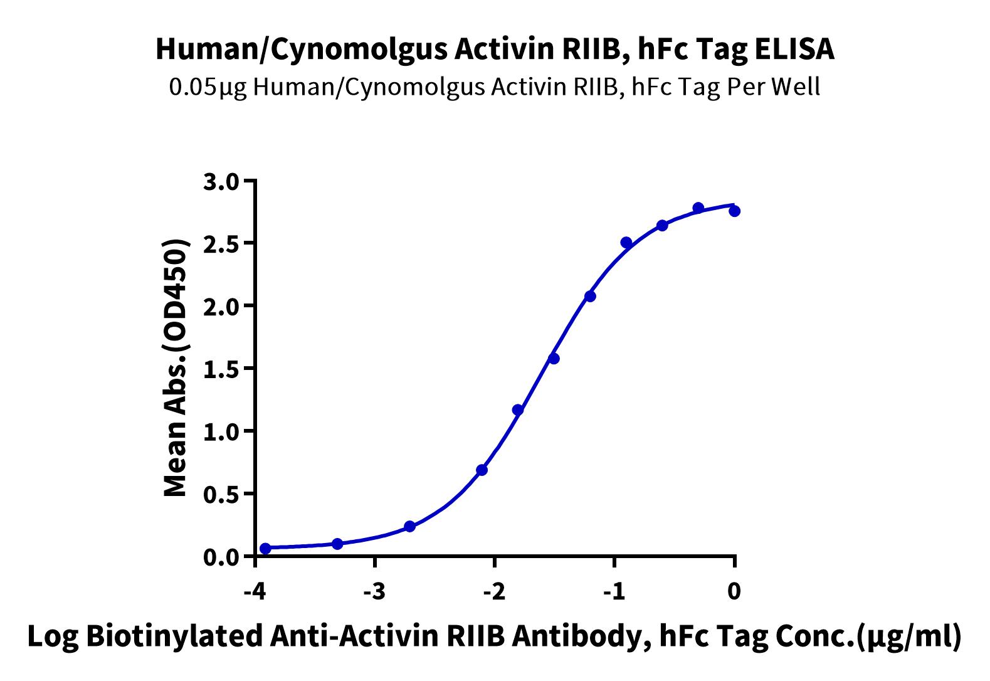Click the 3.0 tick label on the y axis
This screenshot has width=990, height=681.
(221, 182)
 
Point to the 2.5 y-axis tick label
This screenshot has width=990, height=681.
(221, 245)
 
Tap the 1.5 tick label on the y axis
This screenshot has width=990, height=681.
(221, 369)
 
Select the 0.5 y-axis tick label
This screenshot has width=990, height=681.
(221, 495)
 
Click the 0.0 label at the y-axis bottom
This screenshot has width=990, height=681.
(221, 557)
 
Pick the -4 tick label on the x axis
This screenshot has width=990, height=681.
(255, 591)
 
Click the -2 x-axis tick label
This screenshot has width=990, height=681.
(494, 591)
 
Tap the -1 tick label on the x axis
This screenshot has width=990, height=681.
(614, 591)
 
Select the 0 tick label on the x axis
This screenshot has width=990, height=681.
(734, 591)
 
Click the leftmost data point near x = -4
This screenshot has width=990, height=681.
(265, 549)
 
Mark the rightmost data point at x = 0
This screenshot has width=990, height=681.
(735, 211)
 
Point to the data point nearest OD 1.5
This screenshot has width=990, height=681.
(554, 359)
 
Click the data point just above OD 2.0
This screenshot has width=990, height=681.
(590, 296)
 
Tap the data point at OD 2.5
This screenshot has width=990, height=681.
(626, 242)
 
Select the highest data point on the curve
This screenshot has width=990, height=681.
(698, 208)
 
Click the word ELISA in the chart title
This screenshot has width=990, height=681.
(794, 49)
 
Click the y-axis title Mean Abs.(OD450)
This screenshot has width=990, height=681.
(176, 367)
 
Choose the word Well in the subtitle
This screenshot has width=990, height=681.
(796, 86)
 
